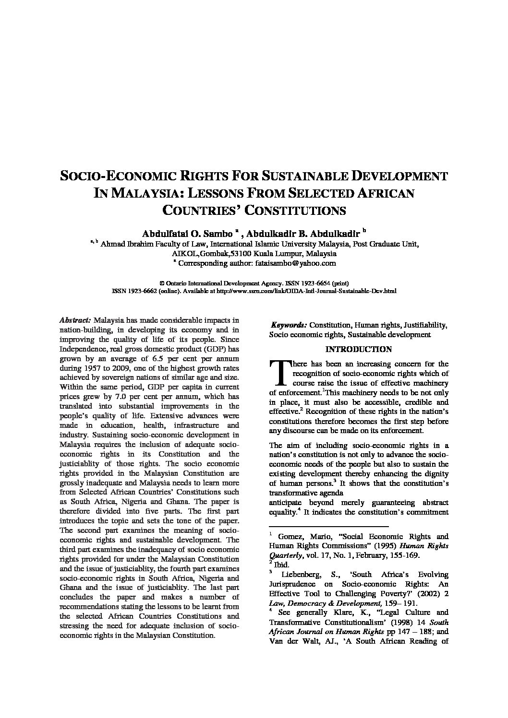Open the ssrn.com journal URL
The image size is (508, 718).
(306, 291)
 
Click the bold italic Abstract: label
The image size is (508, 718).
(75, 320)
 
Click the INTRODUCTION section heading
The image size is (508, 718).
(358, 349)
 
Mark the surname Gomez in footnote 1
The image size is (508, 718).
(294, 537)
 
